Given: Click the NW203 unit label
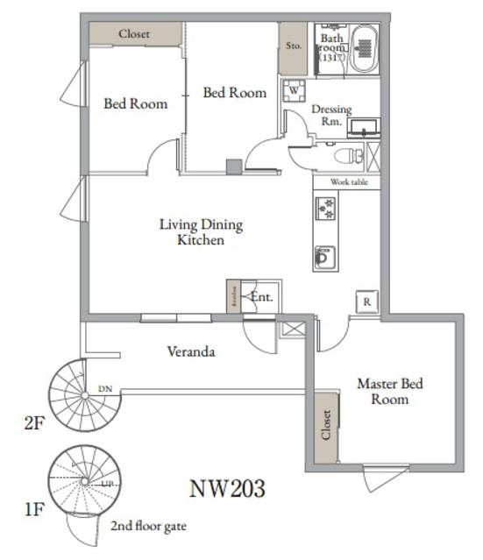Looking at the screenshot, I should tap(227, 487).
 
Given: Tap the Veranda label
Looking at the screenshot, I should tap(191, 351).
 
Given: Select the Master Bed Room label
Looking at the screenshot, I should tap(384, 391).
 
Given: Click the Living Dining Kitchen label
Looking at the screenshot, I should tap(201, 231).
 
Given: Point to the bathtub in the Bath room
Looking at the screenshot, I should tap(364, 49).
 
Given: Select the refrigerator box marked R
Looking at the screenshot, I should tap(367, 301).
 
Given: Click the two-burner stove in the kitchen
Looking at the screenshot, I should tap(325, 209).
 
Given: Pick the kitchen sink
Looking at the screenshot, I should tap(324, 258).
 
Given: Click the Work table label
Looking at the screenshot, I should tap(348, 182).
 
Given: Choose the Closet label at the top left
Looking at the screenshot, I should tap(134, 34).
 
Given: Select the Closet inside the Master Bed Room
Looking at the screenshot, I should tap(325, 425).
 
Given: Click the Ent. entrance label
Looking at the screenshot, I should tap(261, 297).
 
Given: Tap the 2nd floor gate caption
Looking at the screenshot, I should tap(148, 527).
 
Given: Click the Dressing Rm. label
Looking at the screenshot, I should tap(332, 115).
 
